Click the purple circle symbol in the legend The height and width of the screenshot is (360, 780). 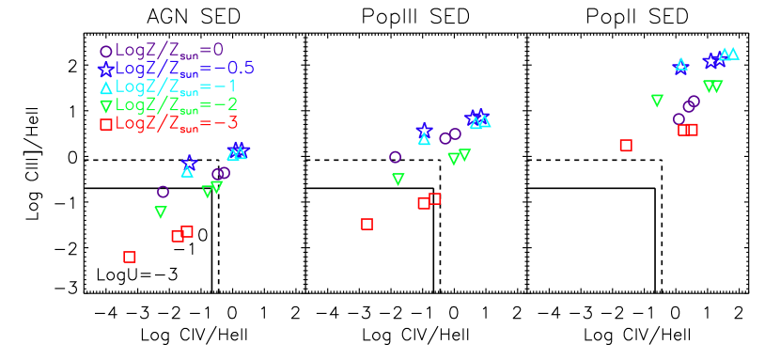[x=106, y=52]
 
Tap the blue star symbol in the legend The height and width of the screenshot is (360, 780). [x=106, y=70]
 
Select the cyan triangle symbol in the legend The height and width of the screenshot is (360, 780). [x=106, y=87]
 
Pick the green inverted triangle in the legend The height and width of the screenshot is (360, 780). [x=106, y=106]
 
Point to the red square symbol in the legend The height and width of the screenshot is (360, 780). [x=106, y=124]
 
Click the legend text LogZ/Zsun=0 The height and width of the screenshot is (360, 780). [x=169, y=51]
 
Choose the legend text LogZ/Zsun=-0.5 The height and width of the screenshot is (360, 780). [x=184, y=69]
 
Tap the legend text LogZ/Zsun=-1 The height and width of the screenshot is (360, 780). [x=176, y=87]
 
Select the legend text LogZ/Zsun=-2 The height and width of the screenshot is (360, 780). [x=176, y=105]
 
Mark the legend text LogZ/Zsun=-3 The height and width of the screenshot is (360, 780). [x=176, y=123]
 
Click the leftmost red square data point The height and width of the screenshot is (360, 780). [x=130, y=257]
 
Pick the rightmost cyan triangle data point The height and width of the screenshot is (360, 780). [x=733, y=54]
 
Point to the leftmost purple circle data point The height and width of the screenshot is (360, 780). [x=163, y=192]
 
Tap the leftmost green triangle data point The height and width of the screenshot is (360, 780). [x=161, y=212]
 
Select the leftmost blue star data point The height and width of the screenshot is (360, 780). [x=189, y=162]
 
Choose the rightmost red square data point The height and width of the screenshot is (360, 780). [x=693, y=130]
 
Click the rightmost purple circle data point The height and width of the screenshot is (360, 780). [x=694, y=102]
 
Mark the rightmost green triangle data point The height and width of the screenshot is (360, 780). [x=717, y=86]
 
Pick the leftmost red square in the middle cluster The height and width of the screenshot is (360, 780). [x=367, y=224]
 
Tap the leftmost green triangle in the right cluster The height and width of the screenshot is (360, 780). [x=657, y=100]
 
